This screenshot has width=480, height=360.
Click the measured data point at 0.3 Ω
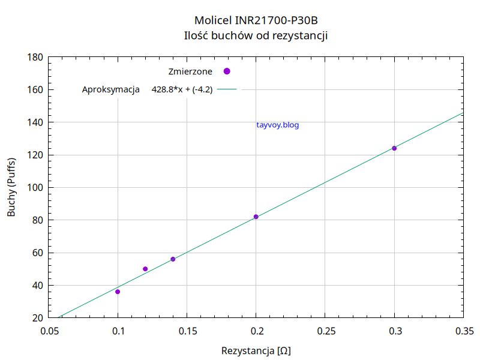pyautogui.click(x=394, y=148)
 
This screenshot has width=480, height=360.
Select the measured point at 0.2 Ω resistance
pyautogui.click(x=256, y=217)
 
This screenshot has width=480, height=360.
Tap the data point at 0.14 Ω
pyautogui.click(x=173, y=259)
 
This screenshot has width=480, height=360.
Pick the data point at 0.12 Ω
pyautogui.click(x=145, y=269)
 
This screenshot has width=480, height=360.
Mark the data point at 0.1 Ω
pyautogui.click(x=118, y=292)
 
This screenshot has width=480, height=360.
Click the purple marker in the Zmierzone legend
pyautogui.click(x=227, y=71)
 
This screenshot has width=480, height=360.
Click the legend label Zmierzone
pyautogui.click(x=190, y=71)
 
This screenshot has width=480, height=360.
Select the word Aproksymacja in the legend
pyautogui.click(x=111, y=90)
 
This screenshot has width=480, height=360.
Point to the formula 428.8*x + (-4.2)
pyautogui.click(x=182, y=90)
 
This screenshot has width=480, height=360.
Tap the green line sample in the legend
pyautogui.click(x=227, y=90)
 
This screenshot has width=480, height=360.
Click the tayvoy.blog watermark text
pyautogui.click(x=277, y=125)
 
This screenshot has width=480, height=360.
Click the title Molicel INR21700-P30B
pyautogui.click(x=256, y=20)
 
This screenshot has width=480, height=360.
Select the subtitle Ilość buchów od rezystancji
pyautogui.click(x=256, y=35)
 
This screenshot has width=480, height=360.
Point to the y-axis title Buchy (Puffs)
pyautogui.click(x=11, y=187)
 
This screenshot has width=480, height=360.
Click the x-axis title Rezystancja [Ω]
pyautogui.click(x=256, y=350)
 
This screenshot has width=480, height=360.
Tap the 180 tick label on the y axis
pyautogui.click(x=35, y=58)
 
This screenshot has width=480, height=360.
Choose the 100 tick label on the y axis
pyautogui.click(x=35, y=188)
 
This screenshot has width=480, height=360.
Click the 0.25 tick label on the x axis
pyautogui.click(x=325, y=331)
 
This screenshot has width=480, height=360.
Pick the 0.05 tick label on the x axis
pyautogui.click(x=49, y=331)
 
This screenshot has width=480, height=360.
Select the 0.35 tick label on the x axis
pyautogui.click(x=463, y=331)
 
